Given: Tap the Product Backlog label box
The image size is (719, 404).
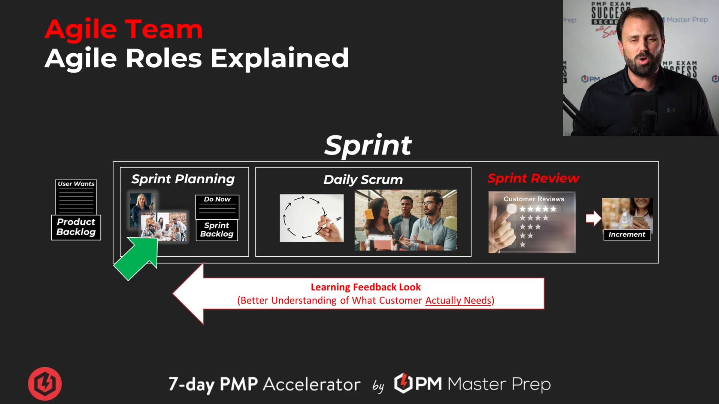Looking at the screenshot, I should (x=76, y=227).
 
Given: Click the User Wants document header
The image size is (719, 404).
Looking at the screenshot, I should (x=76, y=184).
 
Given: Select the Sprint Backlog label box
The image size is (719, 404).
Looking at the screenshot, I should (x=216, y=230).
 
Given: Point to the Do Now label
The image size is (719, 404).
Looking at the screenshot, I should (x=217, y=199).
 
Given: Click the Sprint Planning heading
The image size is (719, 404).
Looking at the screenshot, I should (x=183, y=179).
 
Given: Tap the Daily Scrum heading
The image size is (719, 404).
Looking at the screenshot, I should (x=363, y=180).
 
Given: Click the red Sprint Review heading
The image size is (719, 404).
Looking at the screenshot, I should (x=533, y=178).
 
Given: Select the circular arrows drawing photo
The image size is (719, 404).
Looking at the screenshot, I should (x=311, y=218).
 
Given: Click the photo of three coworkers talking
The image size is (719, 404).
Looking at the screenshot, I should (x=406, y=220).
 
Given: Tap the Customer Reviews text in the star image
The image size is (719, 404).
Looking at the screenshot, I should (x=534, y=199).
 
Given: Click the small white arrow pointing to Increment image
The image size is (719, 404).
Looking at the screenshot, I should (x=593, y=218).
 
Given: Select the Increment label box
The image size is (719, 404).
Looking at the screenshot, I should (x=627, y=235).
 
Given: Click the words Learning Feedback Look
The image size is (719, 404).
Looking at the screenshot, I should (x=365, y=287).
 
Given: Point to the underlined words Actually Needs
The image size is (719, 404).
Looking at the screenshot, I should (x=458, y=300).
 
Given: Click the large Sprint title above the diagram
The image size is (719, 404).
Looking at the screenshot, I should (x=368, y=145).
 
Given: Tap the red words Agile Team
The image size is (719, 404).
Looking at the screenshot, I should (x=124, y=29).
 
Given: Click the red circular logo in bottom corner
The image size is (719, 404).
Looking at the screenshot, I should (x=45, y=383).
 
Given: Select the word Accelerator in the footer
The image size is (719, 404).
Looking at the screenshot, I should (x=312, y=384).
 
